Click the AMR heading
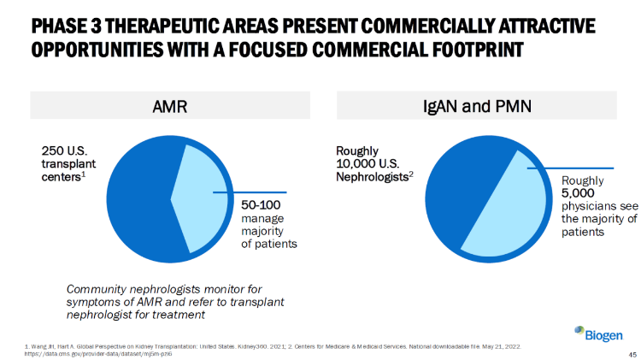point(169,108)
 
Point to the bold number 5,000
point(578,193)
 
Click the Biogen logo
point(598,333)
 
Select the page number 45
point(632,353)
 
